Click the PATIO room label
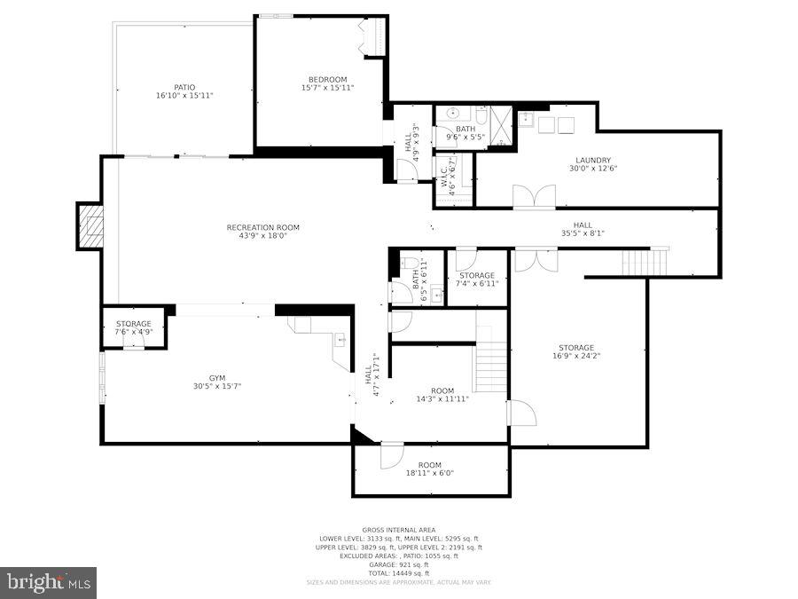[184, 87]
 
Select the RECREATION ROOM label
[257, 227]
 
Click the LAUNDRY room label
[593, 161]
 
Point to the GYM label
[217, 378]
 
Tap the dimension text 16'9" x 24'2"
[576, 356]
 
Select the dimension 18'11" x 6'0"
[430, 473]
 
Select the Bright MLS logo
[49, 583]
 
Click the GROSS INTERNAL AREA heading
[399, 529]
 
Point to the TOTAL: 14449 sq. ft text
[399, 572]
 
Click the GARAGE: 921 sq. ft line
[399, 564]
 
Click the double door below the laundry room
[534, 197]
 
